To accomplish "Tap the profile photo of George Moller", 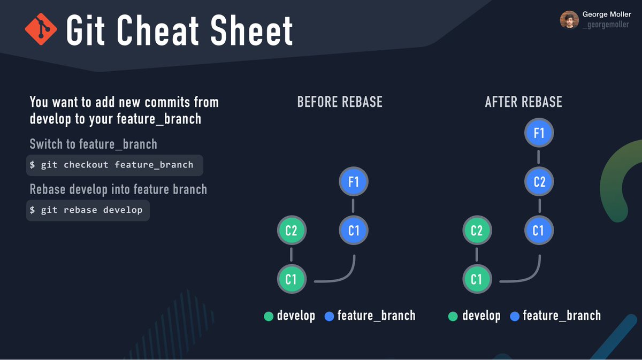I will tap(569, 20).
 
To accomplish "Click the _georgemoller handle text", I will tap(606, 25).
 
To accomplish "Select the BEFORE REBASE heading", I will tap(340, 102).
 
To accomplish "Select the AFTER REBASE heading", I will tap(523, 102).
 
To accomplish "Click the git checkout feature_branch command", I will tap(114, 165).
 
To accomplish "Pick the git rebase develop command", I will tap(88, 210).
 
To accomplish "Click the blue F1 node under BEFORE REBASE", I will tap(354, 182).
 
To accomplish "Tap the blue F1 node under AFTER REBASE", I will tap(539, 133).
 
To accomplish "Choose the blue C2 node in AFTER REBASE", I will tap(539, 182).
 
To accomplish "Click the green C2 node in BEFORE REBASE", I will tap(291, 231).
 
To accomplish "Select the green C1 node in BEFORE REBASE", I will tap(292, 279).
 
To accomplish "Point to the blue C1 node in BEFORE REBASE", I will tap(354, 231).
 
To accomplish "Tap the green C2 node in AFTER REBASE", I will tap(476, 231).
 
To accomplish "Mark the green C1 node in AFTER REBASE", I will tap(476, 279).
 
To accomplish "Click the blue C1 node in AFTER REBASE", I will tap(539, 231).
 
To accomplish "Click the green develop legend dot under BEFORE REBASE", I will tap(269, 317).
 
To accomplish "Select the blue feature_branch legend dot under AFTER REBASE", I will tap(515, 317).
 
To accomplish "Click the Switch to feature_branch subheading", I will tap(94, 144).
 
